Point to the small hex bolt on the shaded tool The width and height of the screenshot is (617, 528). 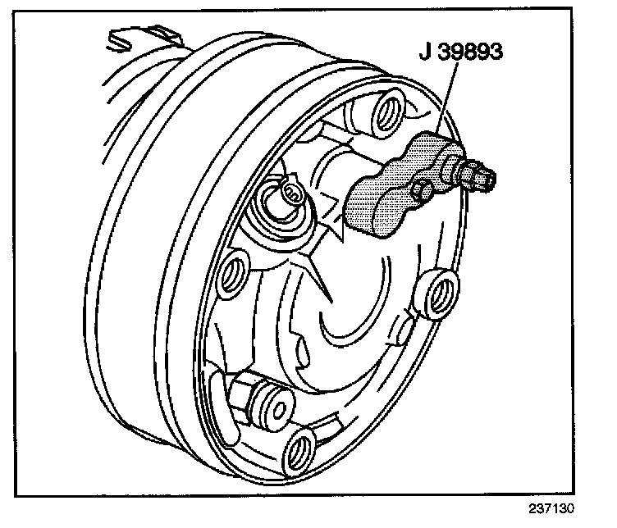pos(424,190)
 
